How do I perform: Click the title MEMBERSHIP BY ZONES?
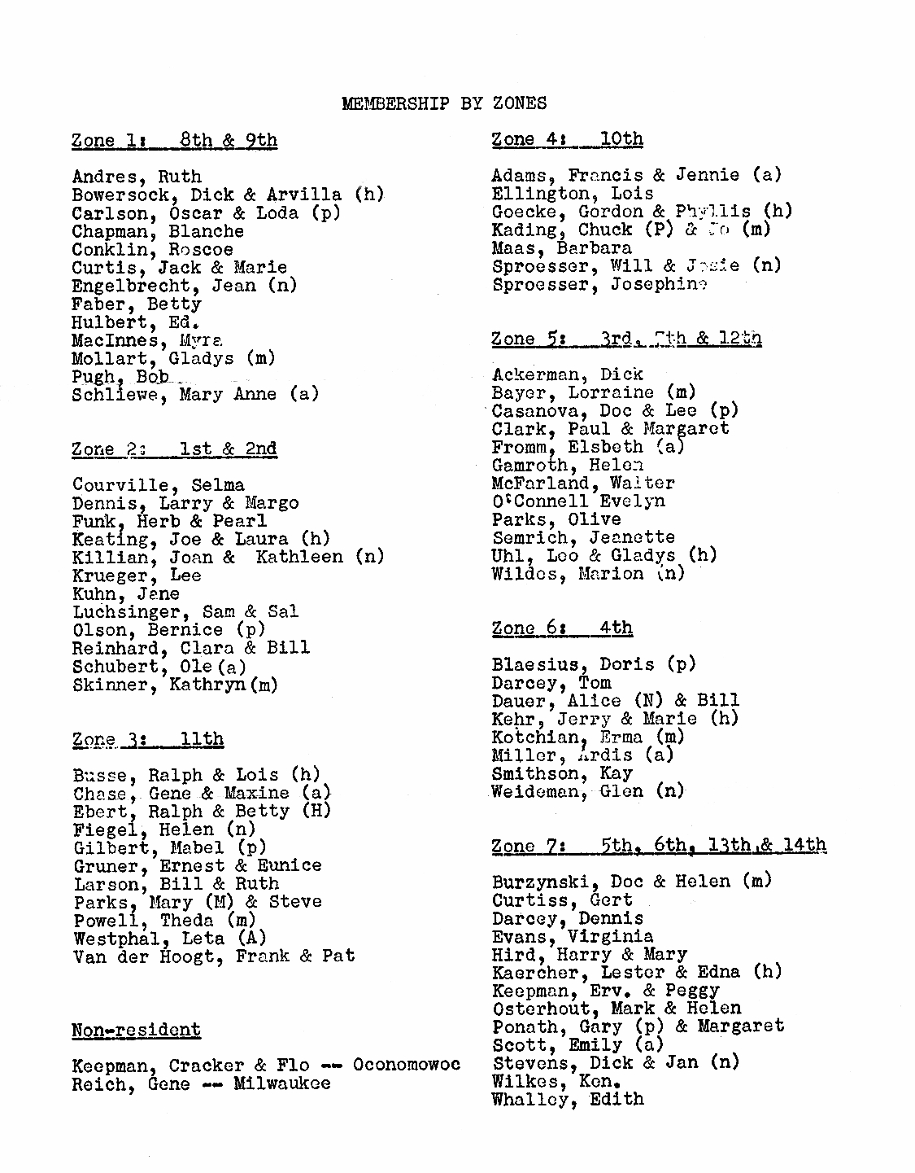(443, 103)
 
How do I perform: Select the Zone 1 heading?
(174, 140)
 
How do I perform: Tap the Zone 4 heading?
(567, 139)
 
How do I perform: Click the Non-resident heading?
(136, 1030)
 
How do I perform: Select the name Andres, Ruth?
(136, 177)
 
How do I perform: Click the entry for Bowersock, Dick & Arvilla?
(228, 195)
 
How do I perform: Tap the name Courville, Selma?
(158, 485)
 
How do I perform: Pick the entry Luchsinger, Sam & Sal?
(185, 611)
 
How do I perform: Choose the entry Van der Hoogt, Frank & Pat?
(214, 956)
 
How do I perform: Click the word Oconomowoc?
(406, 1065)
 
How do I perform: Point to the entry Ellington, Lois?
(572, 194)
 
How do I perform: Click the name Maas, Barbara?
(561, 247)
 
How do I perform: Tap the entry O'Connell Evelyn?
(577, 501)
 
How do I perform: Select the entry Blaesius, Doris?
(594, 664)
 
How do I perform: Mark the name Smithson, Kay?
(561, 773)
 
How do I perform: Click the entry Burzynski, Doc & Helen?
(631, 882)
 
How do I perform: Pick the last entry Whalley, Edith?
(567, 1099)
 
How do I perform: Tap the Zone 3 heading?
(147, 739)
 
